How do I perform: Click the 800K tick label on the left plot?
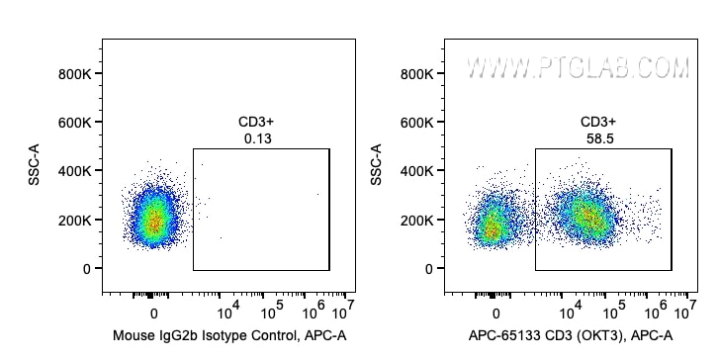pyautogui.click(x=74, y=73)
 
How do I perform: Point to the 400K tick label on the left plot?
pyautogui.click(x=74, y=171)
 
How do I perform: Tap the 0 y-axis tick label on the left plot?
pyautogui.click(x=87, y=268)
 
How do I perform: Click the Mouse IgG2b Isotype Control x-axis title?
pyautogui.click(x=229, y=335)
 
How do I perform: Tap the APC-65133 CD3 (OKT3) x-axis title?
pyautogui.click(x=572, y=335)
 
